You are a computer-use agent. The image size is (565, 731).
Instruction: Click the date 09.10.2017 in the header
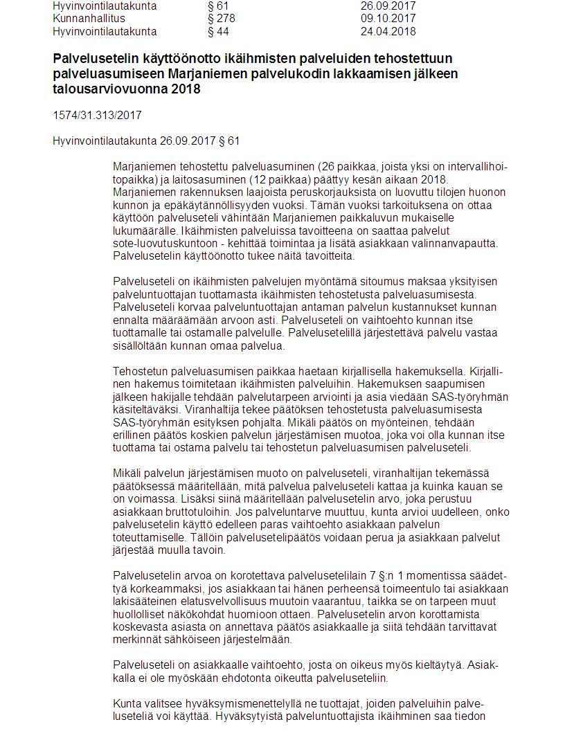388,19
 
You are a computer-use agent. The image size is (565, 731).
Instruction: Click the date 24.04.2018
388,31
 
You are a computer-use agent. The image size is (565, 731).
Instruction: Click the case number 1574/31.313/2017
97,116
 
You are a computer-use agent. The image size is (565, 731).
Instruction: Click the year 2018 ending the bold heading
186,89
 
